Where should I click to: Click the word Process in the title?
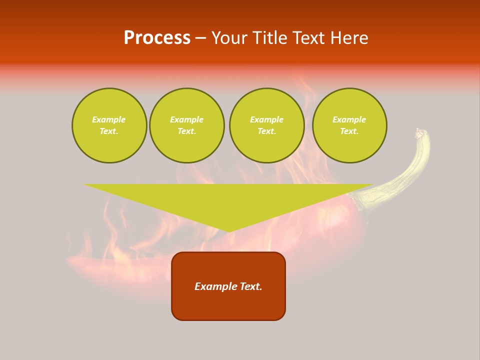[x=157, y=38]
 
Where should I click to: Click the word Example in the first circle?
[x=109, y=119]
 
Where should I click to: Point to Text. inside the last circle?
[x=349, y=131]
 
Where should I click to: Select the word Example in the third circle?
[x=266, y=119]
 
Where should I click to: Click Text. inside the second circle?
[x=186, y=131]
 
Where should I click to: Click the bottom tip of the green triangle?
[x=228, y=231]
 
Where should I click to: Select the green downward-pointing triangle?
[x=228, y=200]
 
